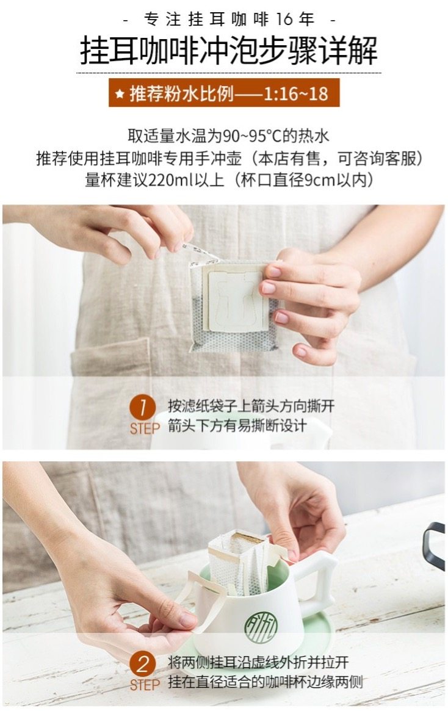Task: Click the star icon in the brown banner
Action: point(120,94)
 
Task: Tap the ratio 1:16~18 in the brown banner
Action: point(295,93)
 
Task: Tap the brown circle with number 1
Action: point(143,408)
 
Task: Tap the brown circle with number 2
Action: point(143,665)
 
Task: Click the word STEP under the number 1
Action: point(145,428)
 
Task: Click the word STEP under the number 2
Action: point(145,685)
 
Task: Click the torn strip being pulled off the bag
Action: point(200,254)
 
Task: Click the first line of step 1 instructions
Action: point(251,406)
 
